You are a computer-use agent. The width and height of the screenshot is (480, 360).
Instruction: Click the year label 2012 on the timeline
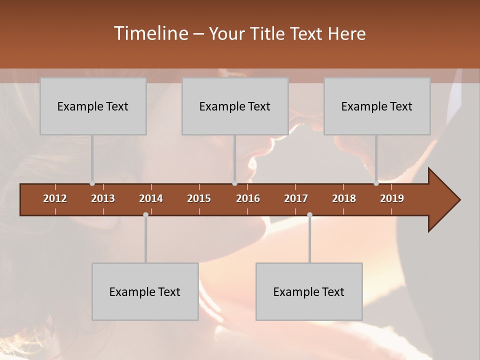(55, 198)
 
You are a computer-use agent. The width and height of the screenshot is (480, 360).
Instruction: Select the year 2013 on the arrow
(103, 198)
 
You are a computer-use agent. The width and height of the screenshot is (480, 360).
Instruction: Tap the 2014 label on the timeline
(151, 198)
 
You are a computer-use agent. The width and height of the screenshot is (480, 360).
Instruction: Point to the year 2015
(199, 198)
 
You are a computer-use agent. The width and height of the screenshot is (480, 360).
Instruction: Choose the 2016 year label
(248, 198)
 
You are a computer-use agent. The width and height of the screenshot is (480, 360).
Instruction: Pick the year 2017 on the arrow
(296, 198)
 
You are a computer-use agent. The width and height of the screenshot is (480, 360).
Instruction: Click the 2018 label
(344, 198)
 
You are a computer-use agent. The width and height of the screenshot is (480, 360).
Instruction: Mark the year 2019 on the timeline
(392, 198)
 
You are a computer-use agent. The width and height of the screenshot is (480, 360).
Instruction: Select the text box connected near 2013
(93, 106)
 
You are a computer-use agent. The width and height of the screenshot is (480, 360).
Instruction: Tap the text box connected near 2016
(235, 106)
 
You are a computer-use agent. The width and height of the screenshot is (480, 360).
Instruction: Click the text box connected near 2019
(377, 106)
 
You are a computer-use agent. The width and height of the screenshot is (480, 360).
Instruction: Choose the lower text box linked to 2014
(145, 291)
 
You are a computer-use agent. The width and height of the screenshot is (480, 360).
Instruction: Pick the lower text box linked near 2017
(309, 291)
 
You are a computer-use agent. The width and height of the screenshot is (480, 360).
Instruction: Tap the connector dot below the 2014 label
(145, 214)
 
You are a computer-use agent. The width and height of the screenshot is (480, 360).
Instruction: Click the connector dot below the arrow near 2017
(309, 214)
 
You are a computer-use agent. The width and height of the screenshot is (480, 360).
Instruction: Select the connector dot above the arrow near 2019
(376, 183)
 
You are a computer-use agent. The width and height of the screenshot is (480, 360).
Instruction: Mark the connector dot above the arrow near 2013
(92, 183)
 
